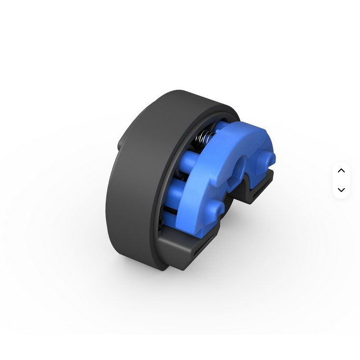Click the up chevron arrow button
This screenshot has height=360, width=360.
tap(341, 170)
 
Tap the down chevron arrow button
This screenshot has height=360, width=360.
tap(341, 190)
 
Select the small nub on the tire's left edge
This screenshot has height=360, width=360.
tap(120, 144)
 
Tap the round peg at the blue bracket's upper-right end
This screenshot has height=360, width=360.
tap(269, 158)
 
